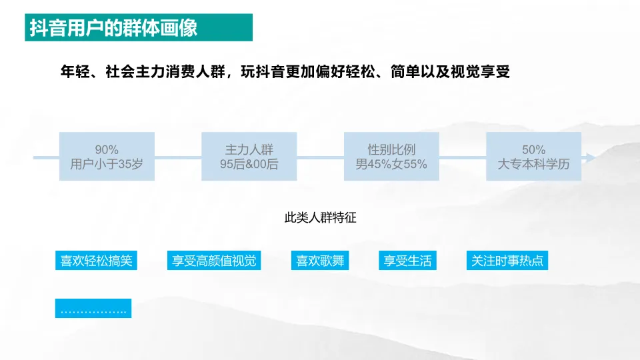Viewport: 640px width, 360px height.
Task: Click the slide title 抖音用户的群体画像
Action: click(x=114, y=29)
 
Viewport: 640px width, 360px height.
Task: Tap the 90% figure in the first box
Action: click(x=107, y=150)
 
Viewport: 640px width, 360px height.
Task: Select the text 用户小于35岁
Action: click(x=107, y=164)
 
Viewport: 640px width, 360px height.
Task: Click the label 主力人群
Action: click(x=249, y=150)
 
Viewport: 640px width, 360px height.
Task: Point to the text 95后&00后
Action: click(x=249, y=164)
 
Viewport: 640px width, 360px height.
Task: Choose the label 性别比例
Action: click(x=391, y=150)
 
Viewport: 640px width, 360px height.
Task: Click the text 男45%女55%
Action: click(x=391, y=164)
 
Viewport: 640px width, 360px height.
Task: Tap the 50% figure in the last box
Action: click(x=533, y=150)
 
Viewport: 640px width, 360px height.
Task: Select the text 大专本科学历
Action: click(x=533, y=164)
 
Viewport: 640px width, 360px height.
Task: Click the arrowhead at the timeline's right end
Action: click(x=589, y=157)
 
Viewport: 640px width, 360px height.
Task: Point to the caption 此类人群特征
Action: click(x=321, y=217)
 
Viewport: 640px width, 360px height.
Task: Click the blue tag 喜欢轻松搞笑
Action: click(x=94, y=261)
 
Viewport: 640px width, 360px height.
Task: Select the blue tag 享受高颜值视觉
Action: click(x=213, y=261)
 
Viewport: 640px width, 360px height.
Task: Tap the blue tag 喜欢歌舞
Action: click(x=321, y=261)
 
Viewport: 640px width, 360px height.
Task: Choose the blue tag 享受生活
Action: click(x=408, y=261)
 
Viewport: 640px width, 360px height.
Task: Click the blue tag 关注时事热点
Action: click(x=507, y=261)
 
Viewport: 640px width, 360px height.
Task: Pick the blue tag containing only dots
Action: click(x=93, y=309)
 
